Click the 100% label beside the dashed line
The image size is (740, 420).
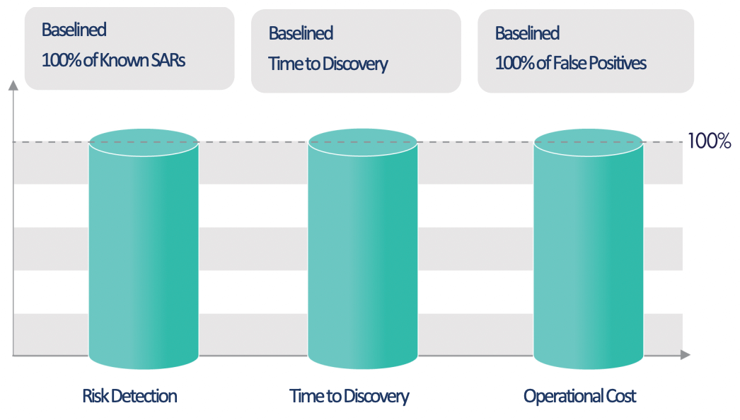pos(709,141)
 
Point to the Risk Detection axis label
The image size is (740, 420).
pos(129,396)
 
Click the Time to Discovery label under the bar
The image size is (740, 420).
pos(349,396)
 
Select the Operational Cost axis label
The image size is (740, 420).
pos(579,396)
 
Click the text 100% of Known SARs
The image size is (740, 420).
pos(113,59)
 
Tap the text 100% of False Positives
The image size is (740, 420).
pos(570,63)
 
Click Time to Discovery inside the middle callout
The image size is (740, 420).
pos(328,64)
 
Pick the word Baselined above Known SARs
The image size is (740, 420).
pos(74,30)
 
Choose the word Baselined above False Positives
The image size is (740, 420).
pos(527,33)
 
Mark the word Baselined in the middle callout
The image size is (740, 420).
pos(301,33)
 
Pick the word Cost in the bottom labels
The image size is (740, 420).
pos(620,396)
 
